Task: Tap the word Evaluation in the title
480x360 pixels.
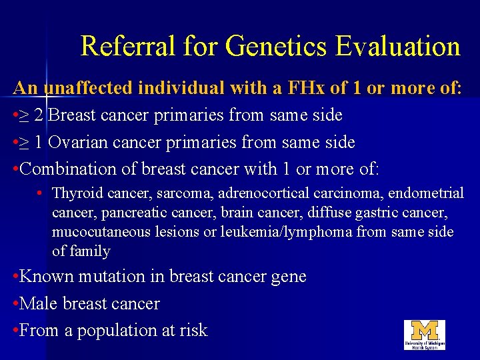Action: click(x=398, y=47)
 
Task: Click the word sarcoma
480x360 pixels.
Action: click(x=168, y=193)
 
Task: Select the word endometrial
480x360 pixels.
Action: click(x=426, y=193)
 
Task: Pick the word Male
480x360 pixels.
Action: click(x=39, y=303)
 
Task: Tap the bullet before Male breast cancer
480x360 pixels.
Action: click(x=16, y=303)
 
